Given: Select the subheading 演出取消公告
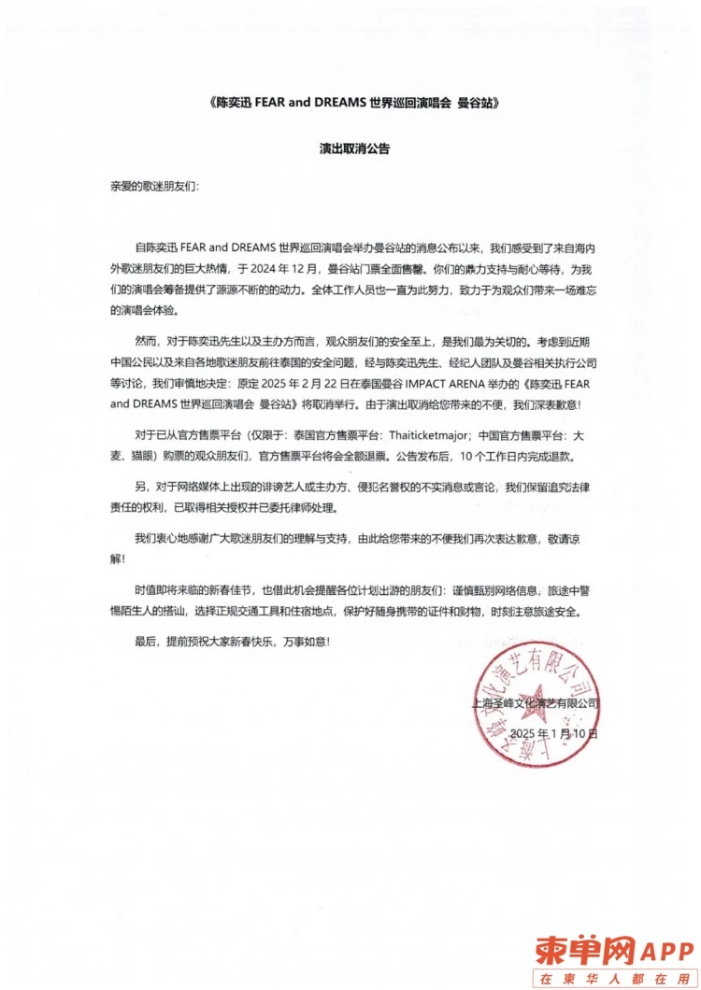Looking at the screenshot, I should pyautogui.click(x=354, y=148).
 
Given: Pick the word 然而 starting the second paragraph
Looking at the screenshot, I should pyautogui.click(x=147, y=342).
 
